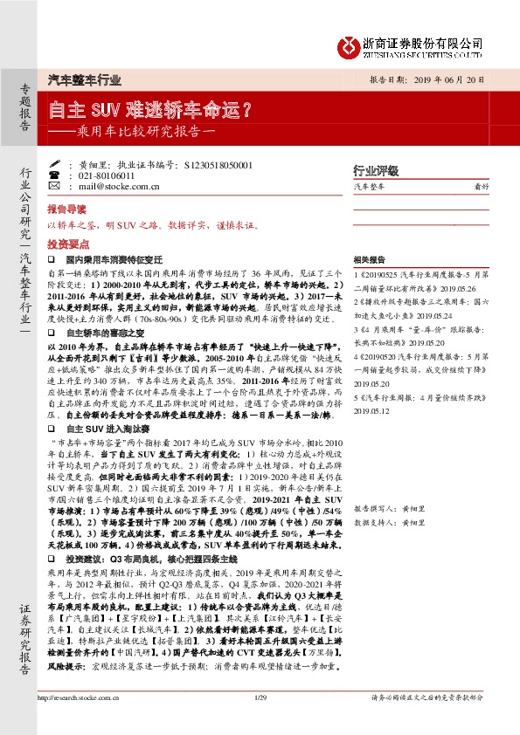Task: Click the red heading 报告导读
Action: click(67, 210)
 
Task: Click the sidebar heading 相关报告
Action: click(371, 259)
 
